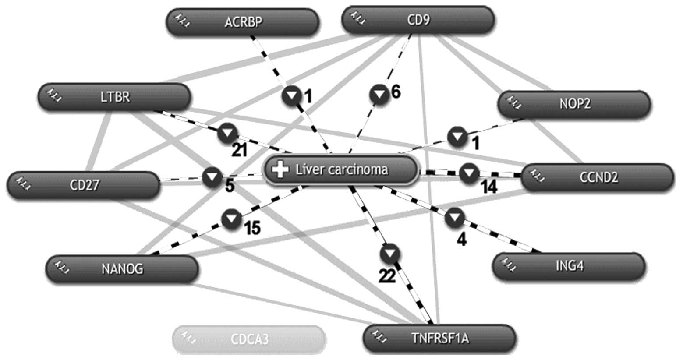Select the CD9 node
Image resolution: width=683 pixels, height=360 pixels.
click(x=418, y=20)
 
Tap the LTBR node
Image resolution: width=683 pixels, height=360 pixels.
click(x=115, y=97)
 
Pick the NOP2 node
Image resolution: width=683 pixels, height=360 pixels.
click(x=574, y=104)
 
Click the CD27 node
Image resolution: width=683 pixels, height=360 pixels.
click(x=84, y=185)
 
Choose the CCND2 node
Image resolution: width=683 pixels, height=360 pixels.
click(x=598, y=177)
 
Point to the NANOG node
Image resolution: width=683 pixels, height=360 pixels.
click(x=122, y=268)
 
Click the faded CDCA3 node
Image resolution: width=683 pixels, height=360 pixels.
click(x=249, y=339)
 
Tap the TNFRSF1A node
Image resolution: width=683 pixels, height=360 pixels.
click(x=439, y=338)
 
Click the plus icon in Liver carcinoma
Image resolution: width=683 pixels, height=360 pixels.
click(x=280, y=169)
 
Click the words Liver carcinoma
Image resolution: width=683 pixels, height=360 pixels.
click(x=341, y=169)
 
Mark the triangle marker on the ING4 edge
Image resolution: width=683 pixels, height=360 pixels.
click(x=455, y=218)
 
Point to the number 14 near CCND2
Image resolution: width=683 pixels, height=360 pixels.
click(x=488, y=187)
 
